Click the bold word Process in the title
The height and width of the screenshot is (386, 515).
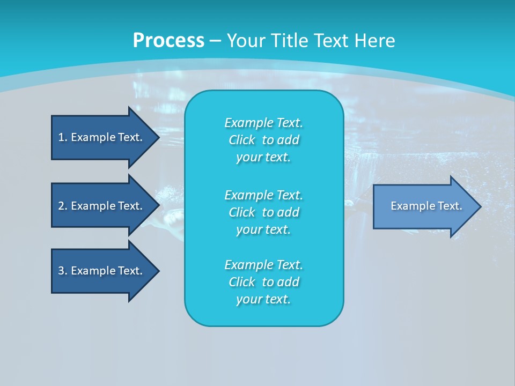click(x=168, y=41)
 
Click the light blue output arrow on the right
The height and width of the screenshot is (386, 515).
click(x=424, y=206)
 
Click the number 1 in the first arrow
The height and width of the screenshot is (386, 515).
click(x=61, y=137)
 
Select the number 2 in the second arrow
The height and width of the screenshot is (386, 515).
click(x=61, y=206)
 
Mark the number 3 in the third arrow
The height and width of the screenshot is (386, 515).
click(x=61, y=271)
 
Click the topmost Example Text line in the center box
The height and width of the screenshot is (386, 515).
click(x=263, y=123)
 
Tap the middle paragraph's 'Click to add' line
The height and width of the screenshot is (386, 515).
click(x=263, y=212)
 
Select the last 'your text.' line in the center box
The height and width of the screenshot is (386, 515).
click(x=263, y=299)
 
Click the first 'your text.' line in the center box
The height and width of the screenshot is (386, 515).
click(x=263, y=157)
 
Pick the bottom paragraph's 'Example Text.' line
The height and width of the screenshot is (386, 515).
click(x=263, y=265)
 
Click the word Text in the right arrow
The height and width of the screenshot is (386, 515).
click(x=450, y=206)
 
